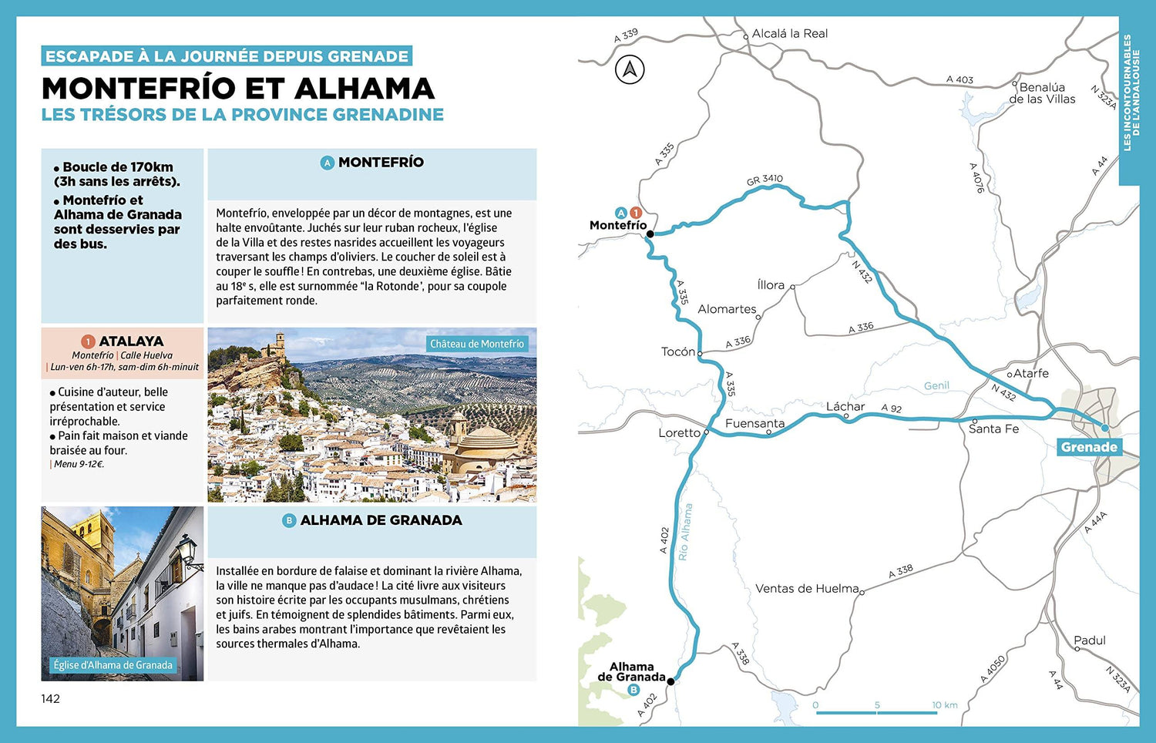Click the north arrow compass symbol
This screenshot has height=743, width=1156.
pyautogui.click(x=630, y=70)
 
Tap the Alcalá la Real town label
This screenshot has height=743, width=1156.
pyautogui.click(x=789, y=34)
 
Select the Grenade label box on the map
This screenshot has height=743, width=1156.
pyautogui.click(x=1089, y=447)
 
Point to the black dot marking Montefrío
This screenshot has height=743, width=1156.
pyautogui.click(x=650, y=234)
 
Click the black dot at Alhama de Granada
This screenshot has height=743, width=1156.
pyautogui.click(x=670, y=681)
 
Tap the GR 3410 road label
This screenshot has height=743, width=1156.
pyautogui.click(x=765, y=180)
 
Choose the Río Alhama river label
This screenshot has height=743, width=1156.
pyautogui.click(x=684, y=532)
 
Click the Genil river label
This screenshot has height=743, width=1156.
pyautogui.click(x=936, y=385)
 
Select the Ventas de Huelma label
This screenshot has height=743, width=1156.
pyautogui.click(x=807, y=589)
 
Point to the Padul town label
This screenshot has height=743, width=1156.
pyautogui.click(x=1090, y=640)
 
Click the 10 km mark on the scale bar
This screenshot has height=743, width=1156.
pyautogui.click(x=944, y=705)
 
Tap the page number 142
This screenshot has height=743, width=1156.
pyautogui.click(x=51, y=699)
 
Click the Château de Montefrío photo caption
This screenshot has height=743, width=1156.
pyautogui.click(x=477, y=344)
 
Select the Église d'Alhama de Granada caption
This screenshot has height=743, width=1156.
pyautogui.click(x=113, y=665)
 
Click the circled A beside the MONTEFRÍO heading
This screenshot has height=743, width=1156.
pyautogui.click(x=328, y=163)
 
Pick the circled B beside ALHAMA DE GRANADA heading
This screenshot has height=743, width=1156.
pyautogui.click(x=289, y=521)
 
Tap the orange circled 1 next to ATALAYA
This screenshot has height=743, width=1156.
pyautogui.click(x=88, y=341)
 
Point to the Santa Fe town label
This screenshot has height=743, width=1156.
pyautogui.click(x=993, y=429)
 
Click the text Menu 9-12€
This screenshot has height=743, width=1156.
pyautogui.click(x=79, y=464)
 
